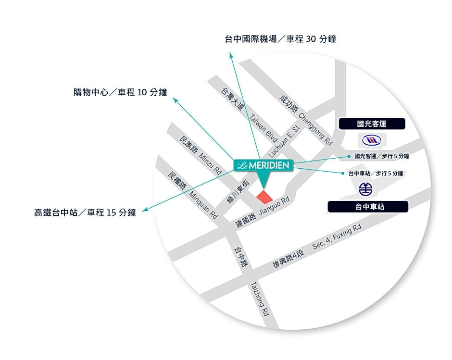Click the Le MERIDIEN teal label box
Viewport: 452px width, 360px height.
pos(263,165)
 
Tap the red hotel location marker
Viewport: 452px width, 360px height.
pos(264,197)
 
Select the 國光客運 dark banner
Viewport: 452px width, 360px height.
pos(372,124)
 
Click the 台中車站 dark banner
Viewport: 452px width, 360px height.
pos(368,207)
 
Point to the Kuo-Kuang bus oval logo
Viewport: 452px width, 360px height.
pos(372,140)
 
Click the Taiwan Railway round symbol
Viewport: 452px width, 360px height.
pos(365,189)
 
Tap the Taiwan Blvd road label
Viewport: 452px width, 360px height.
pos(264,128)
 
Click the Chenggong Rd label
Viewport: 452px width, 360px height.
pos(315,129)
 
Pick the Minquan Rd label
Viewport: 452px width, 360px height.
pos(203,205)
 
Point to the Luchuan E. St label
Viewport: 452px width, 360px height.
pos(284,141)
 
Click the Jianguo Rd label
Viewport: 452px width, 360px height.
pos(274,206)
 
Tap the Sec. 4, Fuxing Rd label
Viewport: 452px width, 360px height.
pos(337,236)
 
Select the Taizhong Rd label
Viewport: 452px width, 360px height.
pos(260,298)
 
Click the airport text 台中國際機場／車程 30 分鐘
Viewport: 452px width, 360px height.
pos(280,39)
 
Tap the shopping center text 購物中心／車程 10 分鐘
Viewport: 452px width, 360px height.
pos(120,92)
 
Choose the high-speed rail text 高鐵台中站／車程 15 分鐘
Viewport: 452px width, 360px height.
pos(85,213)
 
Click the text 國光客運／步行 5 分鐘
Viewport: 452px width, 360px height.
pos(382,156)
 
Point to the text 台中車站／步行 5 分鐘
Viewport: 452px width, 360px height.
pos(376,173)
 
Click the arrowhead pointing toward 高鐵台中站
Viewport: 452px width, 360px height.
pos(145,210)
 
